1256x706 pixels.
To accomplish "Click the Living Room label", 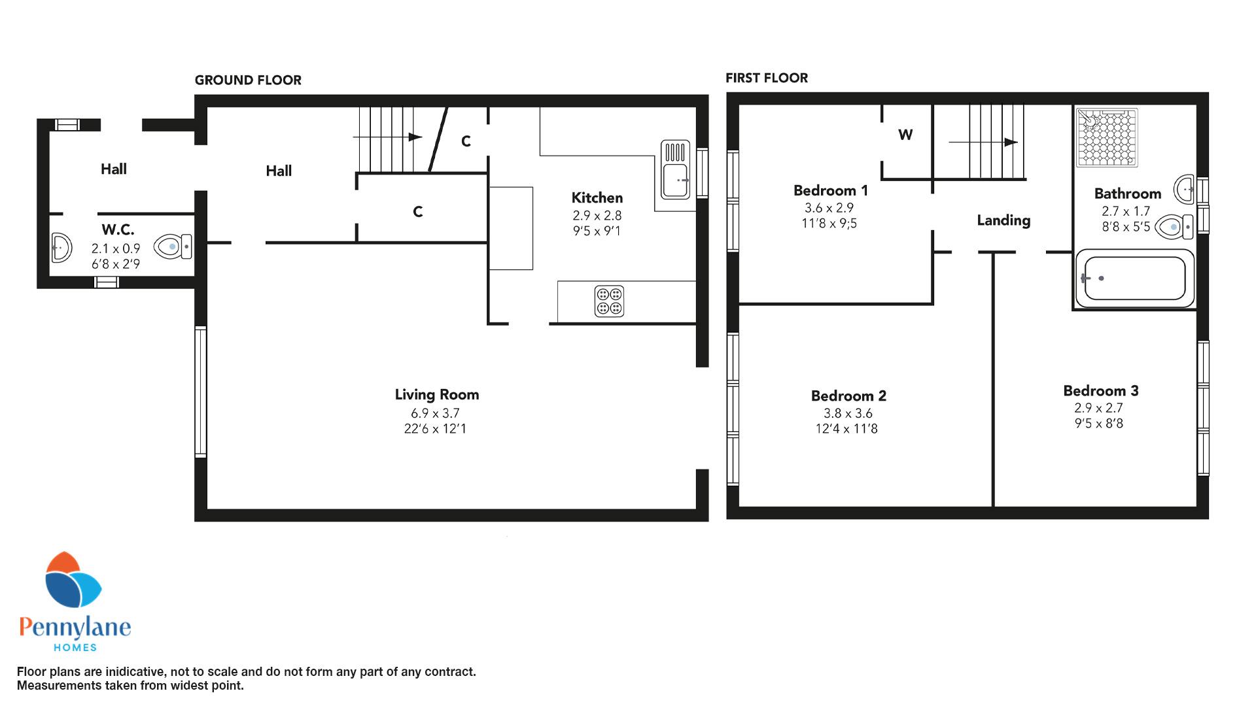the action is coord(437,395).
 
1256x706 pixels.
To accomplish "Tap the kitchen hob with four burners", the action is coord(609,301).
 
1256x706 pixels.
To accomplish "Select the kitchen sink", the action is coord(675,169).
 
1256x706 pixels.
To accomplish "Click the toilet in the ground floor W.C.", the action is coord(173,246).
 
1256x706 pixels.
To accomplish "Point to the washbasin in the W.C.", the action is coord(61,248).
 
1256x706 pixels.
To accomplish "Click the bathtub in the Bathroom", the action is coord(1135,278).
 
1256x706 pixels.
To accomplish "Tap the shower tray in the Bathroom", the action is coord(1107,138).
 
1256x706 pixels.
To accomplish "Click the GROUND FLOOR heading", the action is coord(248,80).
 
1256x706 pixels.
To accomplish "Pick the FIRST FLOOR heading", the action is coord(767,78).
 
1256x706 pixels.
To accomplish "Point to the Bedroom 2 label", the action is coord(848,396).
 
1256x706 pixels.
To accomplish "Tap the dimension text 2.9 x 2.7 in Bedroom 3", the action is coord(1098,408).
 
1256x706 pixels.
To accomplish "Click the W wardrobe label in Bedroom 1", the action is coord(905,135).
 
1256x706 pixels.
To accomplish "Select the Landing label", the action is coord(1003,221).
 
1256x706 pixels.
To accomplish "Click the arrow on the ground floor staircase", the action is coord(387,137).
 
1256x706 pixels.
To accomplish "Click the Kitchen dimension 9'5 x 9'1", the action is coord(597,231).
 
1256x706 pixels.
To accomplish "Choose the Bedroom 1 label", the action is coord(831,191).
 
